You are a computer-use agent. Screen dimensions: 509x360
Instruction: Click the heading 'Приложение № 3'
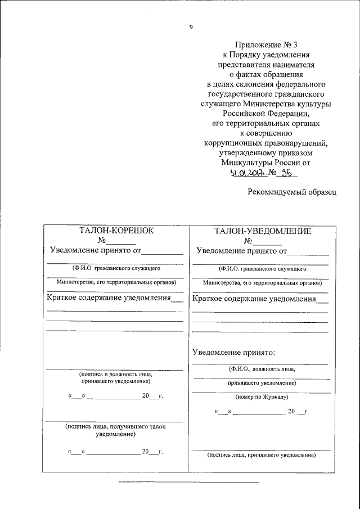(265, 44)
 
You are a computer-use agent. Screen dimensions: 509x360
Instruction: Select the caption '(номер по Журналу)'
(262, 397)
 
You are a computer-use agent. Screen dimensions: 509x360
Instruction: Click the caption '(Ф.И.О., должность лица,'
(261, 369)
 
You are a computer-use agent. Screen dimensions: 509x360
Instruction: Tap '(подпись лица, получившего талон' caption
(115, 427)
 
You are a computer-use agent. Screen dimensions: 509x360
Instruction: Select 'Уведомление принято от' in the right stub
(240, 250)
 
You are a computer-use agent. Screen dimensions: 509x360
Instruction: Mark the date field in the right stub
(262, 412)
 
